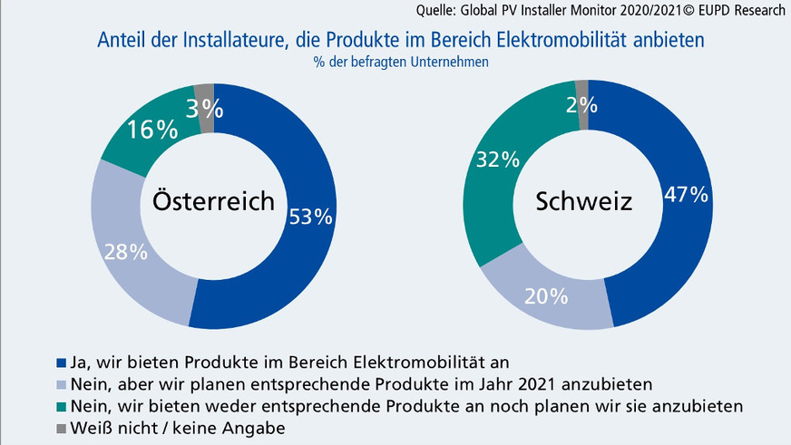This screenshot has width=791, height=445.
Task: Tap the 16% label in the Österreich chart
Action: tap(152, 130)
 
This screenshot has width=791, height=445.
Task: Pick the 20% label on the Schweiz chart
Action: tap(546, 295)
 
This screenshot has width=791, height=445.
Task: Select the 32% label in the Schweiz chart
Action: tap(497, 160)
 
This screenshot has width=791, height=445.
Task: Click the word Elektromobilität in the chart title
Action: tap(565, 41)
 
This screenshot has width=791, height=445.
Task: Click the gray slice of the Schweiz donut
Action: tap(581, 93)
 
